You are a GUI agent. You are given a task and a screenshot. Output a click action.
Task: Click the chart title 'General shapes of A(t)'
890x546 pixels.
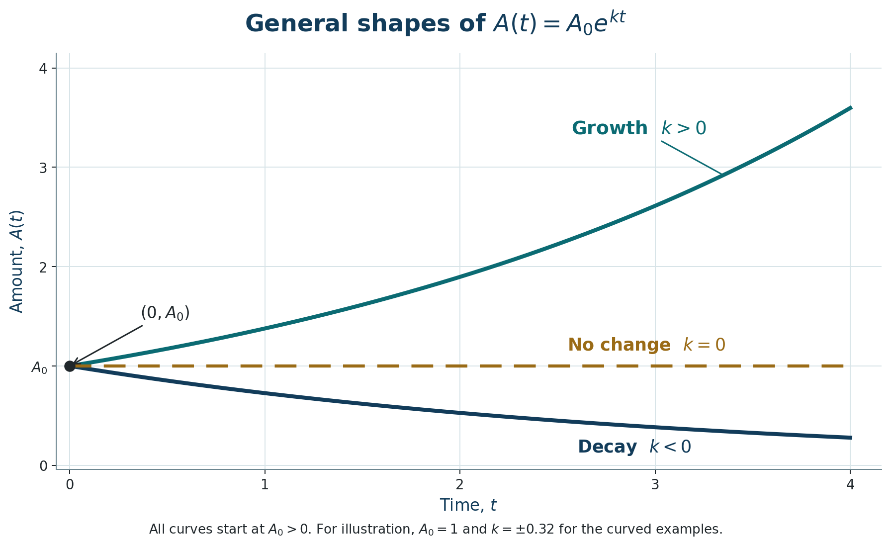(x=435, y=24)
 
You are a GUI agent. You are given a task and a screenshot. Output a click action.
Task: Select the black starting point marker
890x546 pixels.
(x=70, y=366)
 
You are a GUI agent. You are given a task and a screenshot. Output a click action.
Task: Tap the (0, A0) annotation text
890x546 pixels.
(x=165, y=313)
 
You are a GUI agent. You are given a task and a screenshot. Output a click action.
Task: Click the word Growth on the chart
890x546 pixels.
(x=610, y=128)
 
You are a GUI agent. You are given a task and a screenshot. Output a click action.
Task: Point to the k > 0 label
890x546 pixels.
(x=684, y=128)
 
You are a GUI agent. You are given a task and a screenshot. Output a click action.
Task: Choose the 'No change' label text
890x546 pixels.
(x=619, y=345)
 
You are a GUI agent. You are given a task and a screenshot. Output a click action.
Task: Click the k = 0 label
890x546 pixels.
(x=704, y=345)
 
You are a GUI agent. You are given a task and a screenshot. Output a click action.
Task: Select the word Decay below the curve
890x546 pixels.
(x=607, y=447)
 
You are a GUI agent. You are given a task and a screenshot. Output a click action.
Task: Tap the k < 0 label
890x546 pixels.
(x=670, y=447)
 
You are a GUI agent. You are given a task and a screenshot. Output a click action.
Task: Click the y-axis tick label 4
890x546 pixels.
(x=43, y=68)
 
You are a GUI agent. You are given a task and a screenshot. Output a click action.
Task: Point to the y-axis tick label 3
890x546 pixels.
(x=43, y=168)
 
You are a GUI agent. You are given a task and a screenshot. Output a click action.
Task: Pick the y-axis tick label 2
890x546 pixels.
(x=43, y=267)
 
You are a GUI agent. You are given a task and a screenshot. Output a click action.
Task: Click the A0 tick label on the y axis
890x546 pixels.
(x=39, y=367)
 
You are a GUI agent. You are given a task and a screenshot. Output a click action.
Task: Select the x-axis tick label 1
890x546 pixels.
(x=265, y=484)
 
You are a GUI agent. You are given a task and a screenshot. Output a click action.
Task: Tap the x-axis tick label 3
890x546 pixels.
(x=655, y=484)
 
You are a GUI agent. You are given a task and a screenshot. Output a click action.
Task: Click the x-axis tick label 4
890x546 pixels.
(x=850, y=484)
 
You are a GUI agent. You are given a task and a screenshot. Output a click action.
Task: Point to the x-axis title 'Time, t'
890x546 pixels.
(x=468, y=505)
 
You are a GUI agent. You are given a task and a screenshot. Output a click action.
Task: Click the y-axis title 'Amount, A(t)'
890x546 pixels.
(x=16, y=261)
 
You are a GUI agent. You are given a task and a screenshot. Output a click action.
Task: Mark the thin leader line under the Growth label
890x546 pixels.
(x=691, y=158)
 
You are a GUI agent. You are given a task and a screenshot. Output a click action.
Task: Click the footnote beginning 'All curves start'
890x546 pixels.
(x=436, y=529)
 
